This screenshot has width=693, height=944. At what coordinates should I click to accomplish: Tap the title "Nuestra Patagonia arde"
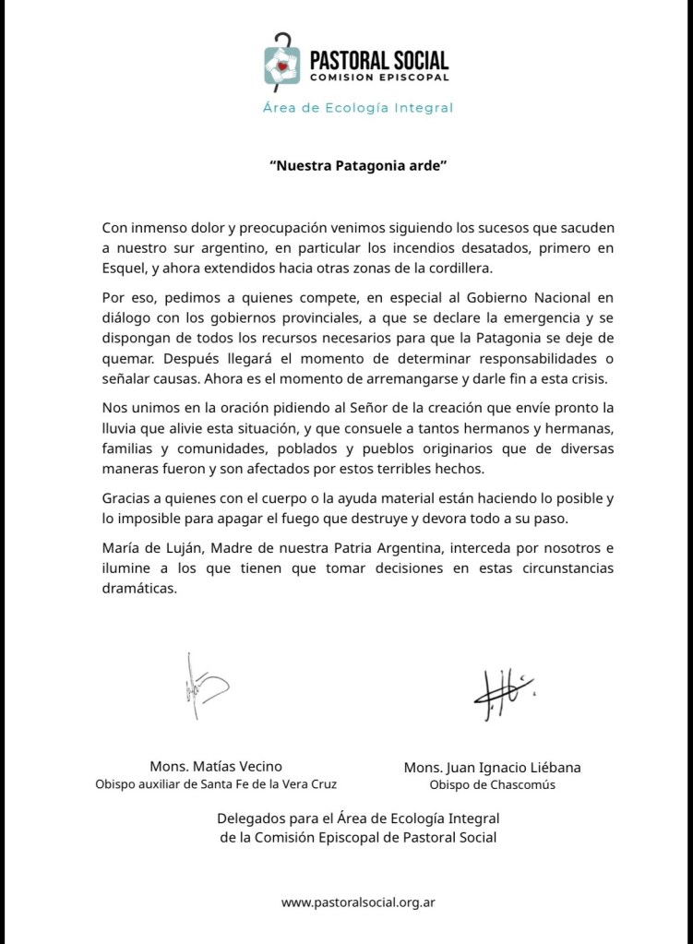coord(345,167)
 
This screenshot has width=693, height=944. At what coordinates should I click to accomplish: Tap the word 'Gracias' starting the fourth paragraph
coord(127,497)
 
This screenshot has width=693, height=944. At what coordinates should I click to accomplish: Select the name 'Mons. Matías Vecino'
coord(216,766)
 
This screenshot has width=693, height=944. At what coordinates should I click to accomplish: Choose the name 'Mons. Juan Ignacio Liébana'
coord(492,767)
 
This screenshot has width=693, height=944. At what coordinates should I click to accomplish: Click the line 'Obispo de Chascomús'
coord(492,785)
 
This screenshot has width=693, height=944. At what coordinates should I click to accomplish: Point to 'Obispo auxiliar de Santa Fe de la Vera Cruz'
coord(216,784)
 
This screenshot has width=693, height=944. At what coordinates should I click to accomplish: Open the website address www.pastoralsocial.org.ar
coord(358,902)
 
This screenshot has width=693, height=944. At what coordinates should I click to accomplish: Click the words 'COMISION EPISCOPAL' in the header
coord(378,78)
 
